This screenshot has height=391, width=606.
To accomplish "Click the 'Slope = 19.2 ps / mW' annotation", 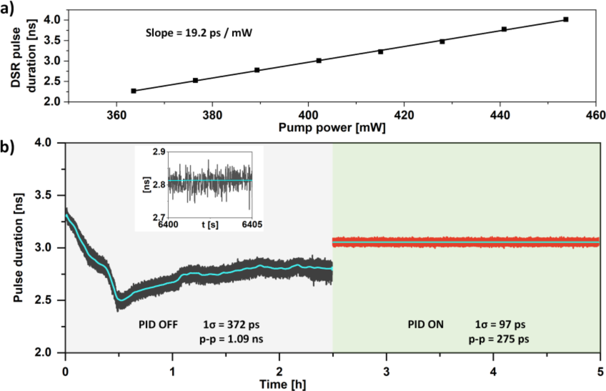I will tap(199, 33).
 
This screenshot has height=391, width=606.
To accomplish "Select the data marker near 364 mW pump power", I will tap(134, 91).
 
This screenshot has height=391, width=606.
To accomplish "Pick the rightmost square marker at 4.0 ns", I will tap(566, 20).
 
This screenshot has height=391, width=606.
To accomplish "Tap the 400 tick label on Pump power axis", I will tap(308, 115).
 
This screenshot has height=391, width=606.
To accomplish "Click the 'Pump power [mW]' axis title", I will tap(332, 128).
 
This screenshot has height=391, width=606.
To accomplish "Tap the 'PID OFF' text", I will tap(158, 325).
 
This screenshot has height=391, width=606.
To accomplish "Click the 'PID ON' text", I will tap(426, 325).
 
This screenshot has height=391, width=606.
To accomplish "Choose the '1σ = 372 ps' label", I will tap(231, 325).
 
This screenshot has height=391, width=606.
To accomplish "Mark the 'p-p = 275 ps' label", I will tap(499, 339).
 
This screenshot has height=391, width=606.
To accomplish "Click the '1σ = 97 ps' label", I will tap(500, 325).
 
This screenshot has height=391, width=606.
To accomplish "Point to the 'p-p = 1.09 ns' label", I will tap(231, 339).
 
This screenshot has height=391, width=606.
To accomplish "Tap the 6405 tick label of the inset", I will tap(252, 224).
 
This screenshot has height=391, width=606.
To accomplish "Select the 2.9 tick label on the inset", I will tap(159, 151).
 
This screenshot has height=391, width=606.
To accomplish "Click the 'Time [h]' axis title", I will tap(283, 384).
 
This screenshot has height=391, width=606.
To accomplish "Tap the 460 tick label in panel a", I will tap(595, 115).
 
